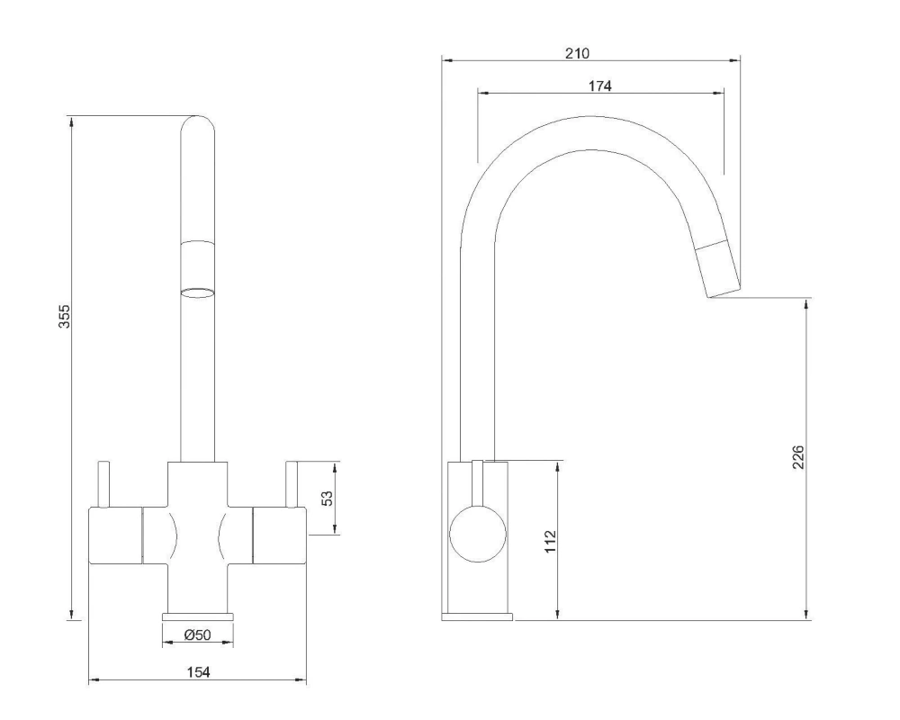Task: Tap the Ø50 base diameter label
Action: (x=197, y=635)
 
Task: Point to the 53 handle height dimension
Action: (x=328, y=499)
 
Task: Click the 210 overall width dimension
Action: (x=577, y=53)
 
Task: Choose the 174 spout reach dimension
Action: (x=599, y=86)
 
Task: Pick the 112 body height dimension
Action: (x=551, y=540)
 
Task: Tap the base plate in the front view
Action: (x=197, y=616)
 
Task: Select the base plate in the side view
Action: (x=477, y=616)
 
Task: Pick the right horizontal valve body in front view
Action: (x=280, y=535)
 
